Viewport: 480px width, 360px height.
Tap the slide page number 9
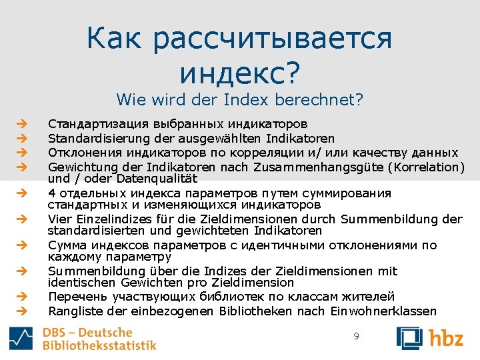(x=356, y=337)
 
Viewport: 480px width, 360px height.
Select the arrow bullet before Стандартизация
(x=21, y=124)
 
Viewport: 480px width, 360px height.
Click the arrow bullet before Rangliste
(x=21, y=311)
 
